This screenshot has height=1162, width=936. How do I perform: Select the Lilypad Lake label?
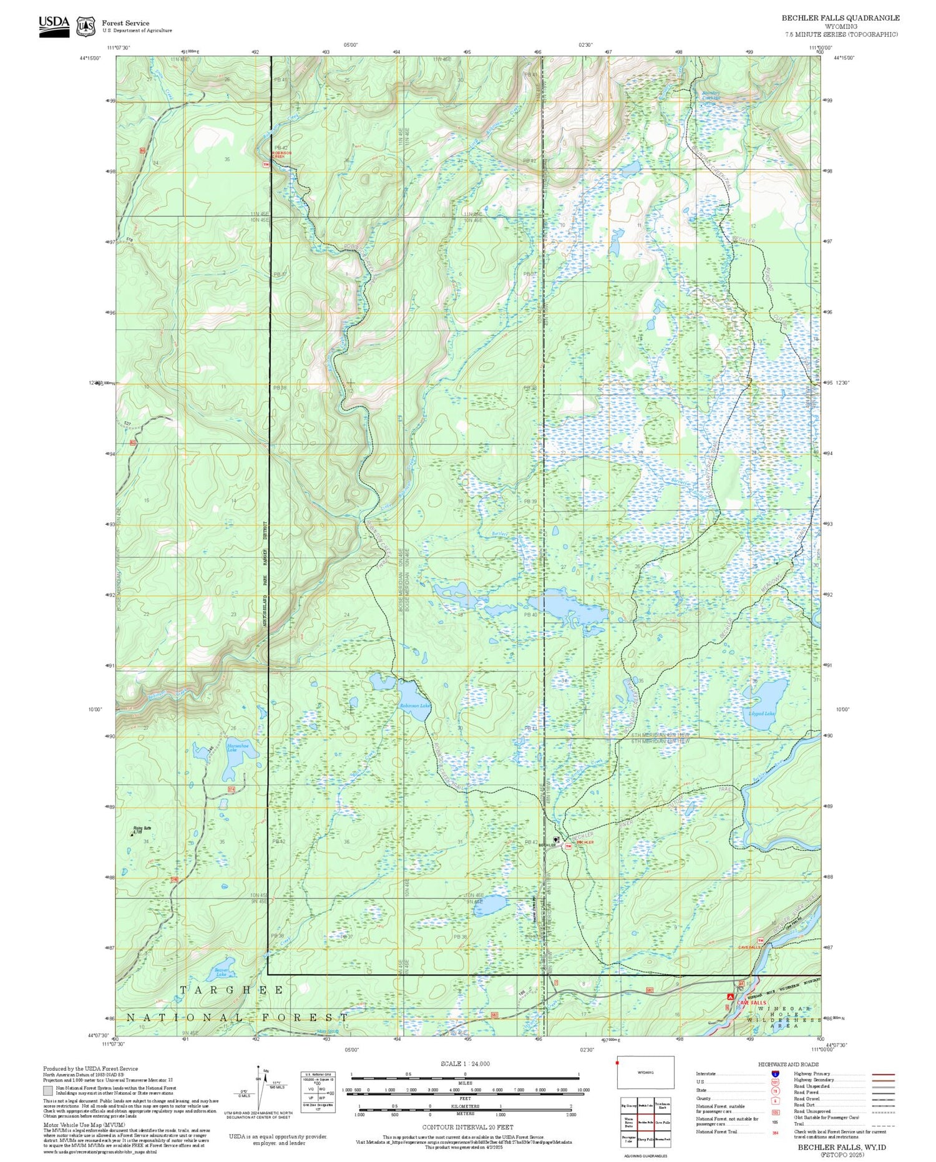coord(762,713)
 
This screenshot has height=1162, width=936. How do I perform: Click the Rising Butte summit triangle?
coord(133,834)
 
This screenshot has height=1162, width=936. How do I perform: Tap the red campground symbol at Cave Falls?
coord(730,997)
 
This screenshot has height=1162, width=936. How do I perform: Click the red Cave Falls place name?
coord(751,1003)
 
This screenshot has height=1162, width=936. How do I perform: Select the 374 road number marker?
coord(232,789)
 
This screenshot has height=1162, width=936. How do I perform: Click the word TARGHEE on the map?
coord(232,990)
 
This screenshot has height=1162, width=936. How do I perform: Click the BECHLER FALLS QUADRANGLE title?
coord(841,18)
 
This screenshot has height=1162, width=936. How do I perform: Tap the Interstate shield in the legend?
coord(775,1073)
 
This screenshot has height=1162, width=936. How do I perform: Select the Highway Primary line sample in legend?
coord(881,1075)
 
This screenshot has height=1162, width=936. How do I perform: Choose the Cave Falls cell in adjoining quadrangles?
coord(663,1121)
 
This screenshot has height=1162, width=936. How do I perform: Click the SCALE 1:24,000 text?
coord(465,1063)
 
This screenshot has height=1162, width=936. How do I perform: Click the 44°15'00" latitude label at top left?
coord(91,58)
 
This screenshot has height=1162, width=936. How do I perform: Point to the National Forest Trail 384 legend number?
coord(775,1132)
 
